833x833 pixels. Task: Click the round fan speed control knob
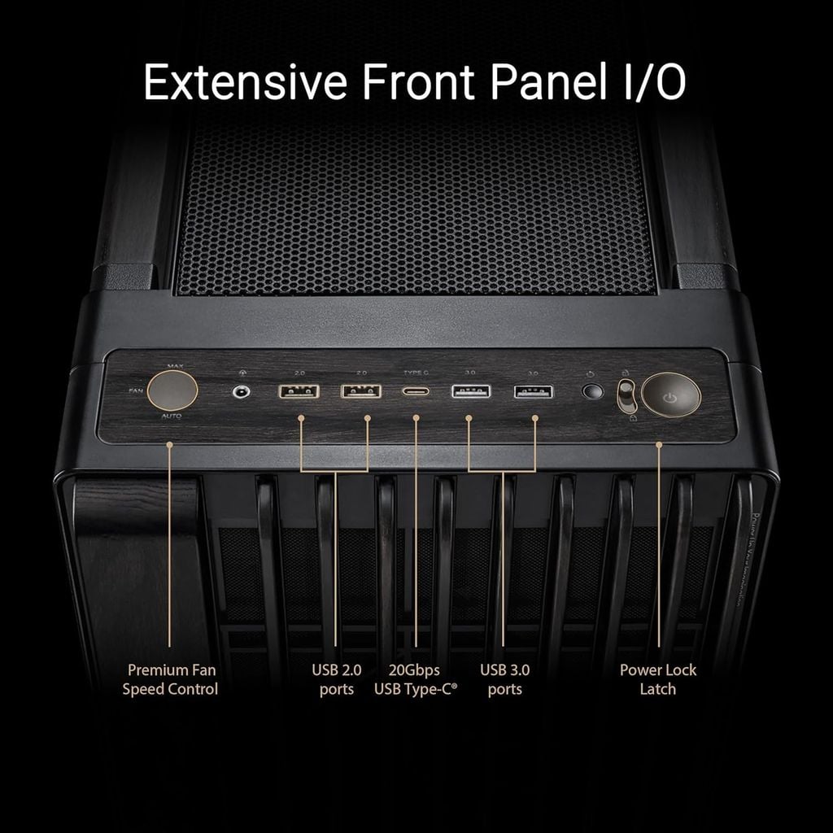tap(173, 391)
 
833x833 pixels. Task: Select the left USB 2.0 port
tap(299, 391)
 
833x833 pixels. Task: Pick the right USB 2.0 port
tap(361, 391)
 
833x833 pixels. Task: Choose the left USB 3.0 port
tap(471, 391)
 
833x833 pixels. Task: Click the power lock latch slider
tap(626, 395)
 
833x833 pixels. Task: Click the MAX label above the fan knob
tap(174, 367)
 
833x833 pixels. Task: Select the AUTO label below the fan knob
tap(172, 416)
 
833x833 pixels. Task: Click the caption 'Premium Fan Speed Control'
tap(170, 679)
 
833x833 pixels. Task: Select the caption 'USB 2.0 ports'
tap(337, 679)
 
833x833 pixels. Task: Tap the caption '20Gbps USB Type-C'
tap(415, 679)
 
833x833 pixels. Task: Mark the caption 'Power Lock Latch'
tap(658, 679)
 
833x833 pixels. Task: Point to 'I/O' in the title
tap(646, 82)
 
